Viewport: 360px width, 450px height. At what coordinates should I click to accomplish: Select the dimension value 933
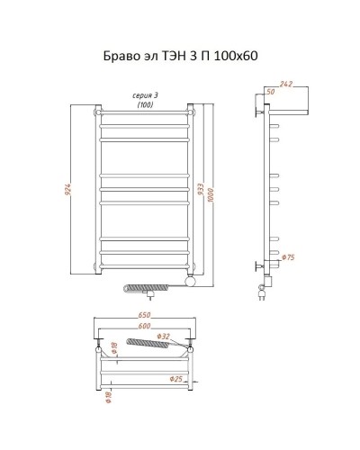200,191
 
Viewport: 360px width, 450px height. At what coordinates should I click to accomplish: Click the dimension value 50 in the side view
268,91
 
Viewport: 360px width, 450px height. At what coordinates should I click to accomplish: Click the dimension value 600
143,328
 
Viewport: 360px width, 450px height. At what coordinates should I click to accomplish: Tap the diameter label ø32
164,337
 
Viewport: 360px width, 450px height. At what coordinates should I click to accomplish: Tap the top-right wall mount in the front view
190,112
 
